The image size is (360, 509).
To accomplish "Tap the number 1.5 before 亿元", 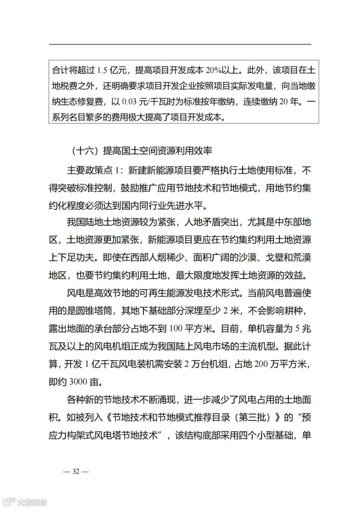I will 102,70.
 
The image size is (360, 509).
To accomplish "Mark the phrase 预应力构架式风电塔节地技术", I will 105,435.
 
